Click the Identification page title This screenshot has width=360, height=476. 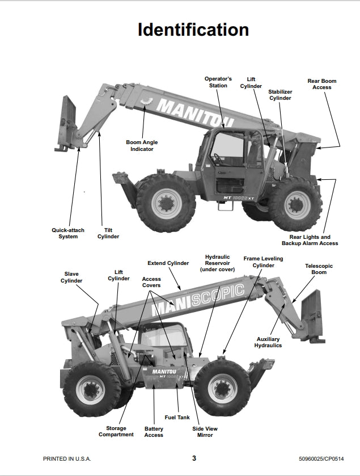pos(193,30)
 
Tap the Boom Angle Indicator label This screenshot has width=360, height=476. pos(142,146)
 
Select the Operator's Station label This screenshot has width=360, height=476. pos(218,82)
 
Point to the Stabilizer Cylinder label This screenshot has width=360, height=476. pos(280,95)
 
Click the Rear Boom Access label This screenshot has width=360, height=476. pos(322,84)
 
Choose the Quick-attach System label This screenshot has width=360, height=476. pos(68,233)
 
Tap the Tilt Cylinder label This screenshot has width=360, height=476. pos(108,233)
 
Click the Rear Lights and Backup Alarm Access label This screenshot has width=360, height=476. pos(310,240)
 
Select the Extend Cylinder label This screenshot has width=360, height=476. pos(168,263)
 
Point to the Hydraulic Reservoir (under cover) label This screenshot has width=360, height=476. pos(218,263)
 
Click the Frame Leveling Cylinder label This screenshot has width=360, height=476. pos(263,262)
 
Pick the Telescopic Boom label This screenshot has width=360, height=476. pos(319,269)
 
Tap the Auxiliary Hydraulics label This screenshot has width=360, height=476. pos(268,342)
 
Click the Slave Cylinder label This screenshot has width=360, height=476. pos(71,277)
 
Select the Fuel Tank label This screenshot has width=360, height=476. pos(177,418)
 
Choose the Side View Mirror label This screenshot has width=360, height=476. pos(205,432)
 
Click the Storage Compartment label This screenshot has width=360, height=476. pos(116,431)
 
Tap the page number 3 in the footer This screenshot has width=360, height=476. pos(194,458)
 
